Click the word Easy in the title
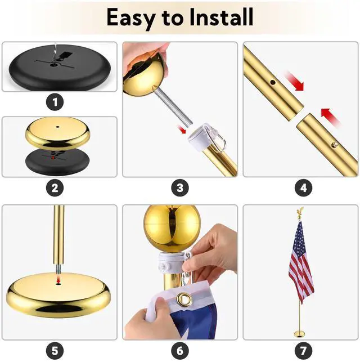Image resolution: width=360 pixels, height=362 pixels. [130, 18]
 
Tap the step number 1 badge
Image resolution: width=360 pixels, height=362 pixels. [55, 103]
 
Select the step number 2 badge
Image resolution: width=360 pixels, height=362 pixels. [55, 189]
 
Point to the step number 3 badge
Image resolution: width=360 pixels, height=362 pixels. [179, 189]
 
